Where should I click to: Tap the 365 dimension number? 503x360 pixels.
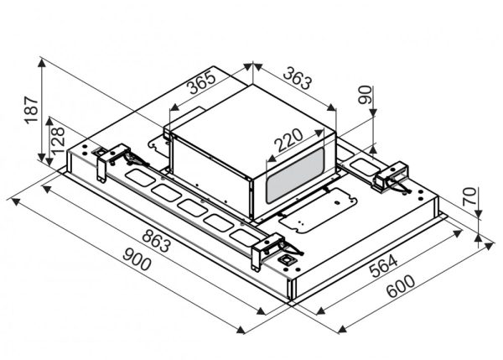pyautogui.click(x=201, y=86)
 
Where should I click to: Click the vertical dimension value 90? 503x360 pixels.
pyautogui.click(x=364, y=95)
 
